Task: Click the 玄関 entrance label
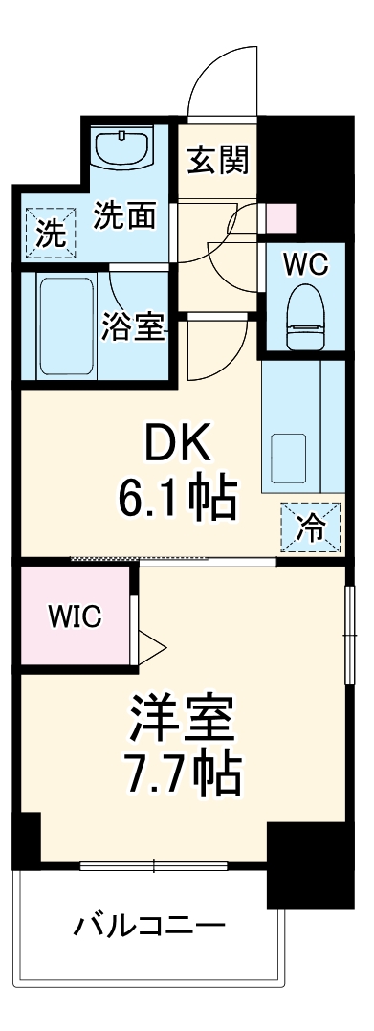[x=217, y=160]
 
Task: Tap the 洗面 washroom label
[x=123, y=216]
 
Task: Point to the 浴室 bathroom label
[x=135, y=328]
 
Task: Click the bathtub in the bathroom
[x=65, y=325]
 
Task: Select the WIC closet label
[x=75, y=616]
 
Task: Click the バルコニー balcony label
[x=150, y=926]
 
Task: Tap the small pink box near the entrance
[x=281, y=218]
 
